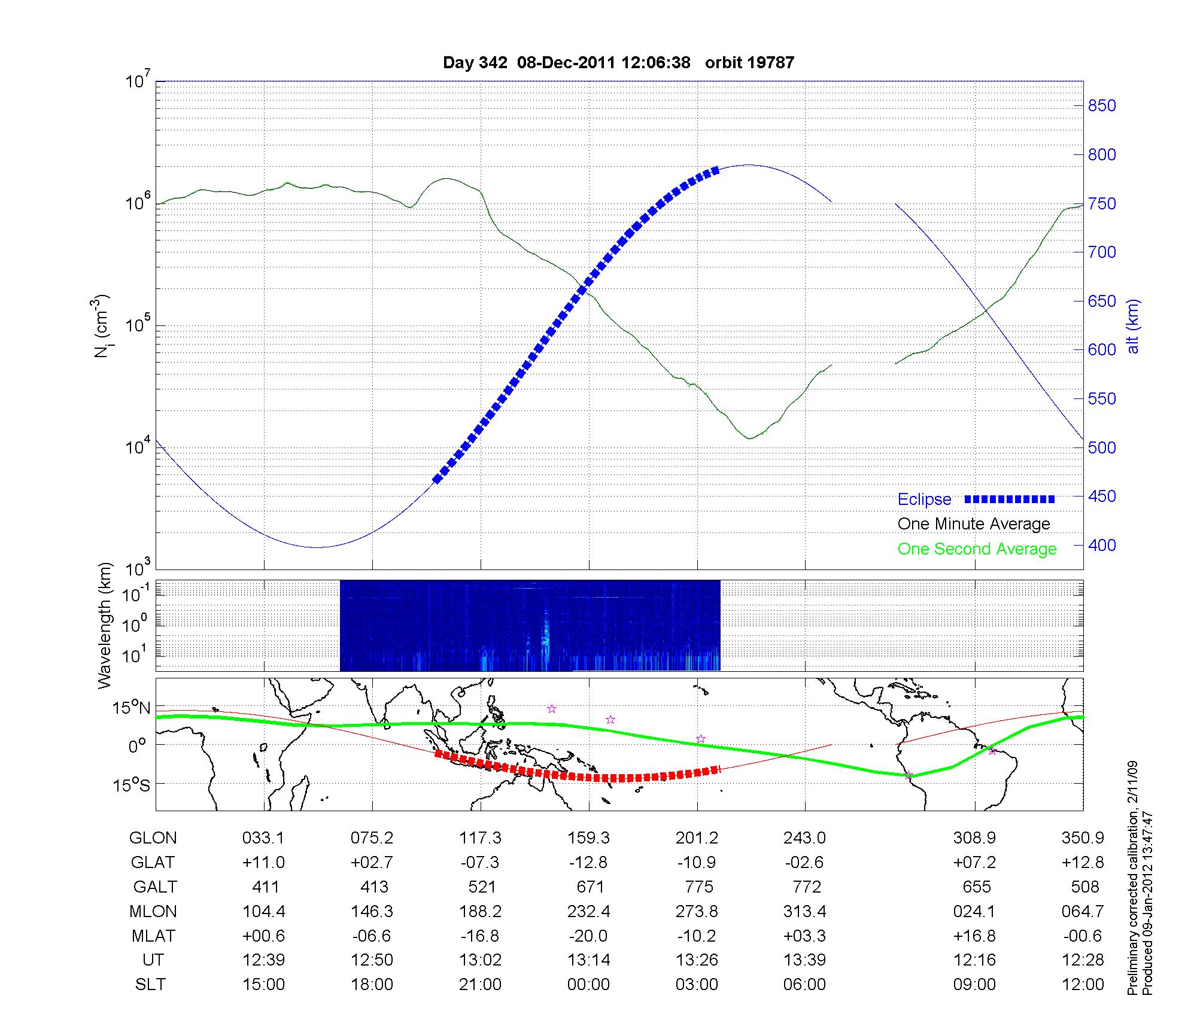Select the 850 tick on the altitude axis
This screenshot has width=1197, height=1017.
[1102, 106]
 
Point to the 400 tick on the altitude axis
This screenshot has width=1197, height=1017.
[1102, 545]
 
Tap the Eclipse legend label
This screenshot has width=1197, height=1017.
[924, 500]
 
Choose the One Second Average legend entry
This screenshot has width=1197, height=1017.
[977, 549]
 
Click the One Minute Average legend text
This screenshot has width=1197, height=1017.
[974, 524]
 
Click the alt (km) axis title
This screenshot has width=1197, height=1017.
[1133, 326]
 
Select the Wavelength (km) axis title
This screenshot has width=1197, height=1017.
[105, 625]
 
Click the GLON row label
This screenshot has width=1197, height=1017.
[153, 838]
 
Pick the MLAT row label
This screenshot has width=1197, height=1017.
[154, 936]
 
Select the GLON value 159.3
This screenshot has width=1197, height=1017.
[588, 838]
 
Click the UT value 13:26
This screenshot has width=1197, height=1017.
[697, 960]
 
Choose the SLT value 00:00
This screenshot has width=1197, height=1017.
[588, 985]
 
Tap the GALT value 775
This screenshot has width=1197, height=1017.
[698, 887]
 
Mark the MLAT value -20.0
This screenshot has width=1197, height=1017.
[588, 936]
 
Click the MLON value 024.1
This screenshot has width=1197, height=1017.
[974, 911]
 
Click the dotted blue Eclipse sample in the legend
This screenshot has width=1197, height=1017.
[1010, 500]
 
